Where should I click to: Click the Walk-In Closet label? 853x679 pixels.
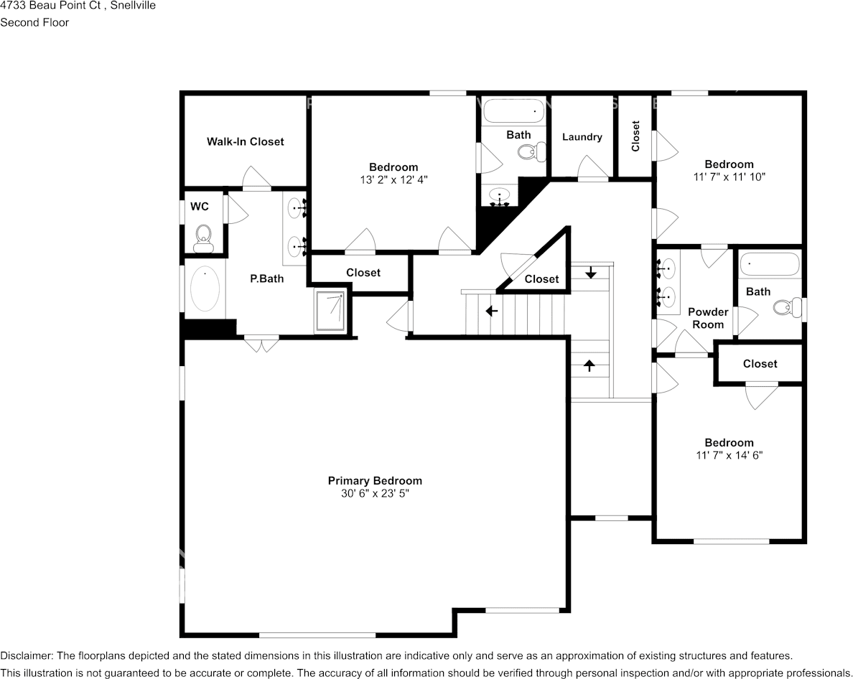pyautogui.click(x=245, y=141)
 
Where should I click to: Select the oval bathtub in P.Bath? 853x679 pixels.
pyautogui.click(x=205, y=291)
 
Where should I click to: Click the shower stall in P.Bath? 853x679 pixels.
pyautogui.click(x=330, y=312)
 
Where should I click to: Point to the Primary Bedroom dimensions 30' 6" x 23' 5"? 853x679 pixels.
pyautogui.click(x=375, y=494)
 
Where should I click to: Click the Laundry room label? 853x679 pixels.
pyautogui.click(x=582, y=136)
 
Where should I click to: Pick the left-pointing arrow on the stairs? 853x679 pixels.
pyautogui.click(x=492, y=312)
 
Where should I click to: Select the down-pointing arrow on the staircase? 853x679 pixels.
pyautogui.click(x=590, y=273)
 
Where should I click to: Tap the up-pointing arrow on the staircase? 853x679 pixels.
pyautogui.click(x=590, y=365)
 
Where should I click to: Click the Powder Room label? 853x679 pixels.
pyautogui.click(x=707, y=318)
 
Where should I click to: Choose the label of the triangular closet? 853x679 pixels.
pyautogui.click(x=541, y=278)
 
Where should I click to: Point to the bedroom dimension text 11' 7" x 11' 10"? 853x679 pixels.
pyautogui.click(x=729, y=177)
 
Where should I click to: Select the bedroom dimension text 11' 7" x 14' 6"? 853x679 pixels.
pyautogui.click(x=729, y=455)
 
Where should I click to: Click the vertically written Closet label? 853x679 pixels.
pyautogui.click(x=635, y=136)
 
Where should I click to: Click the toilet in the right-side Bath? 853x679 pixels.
pyautogui.click(x=785, y=309)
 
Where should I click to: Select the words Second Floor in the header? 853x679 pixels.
pyautogui.click(x=34, y=22)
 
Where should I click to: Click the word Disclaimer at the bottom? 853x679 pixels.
pyautogui.click(x=26, y=655)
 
